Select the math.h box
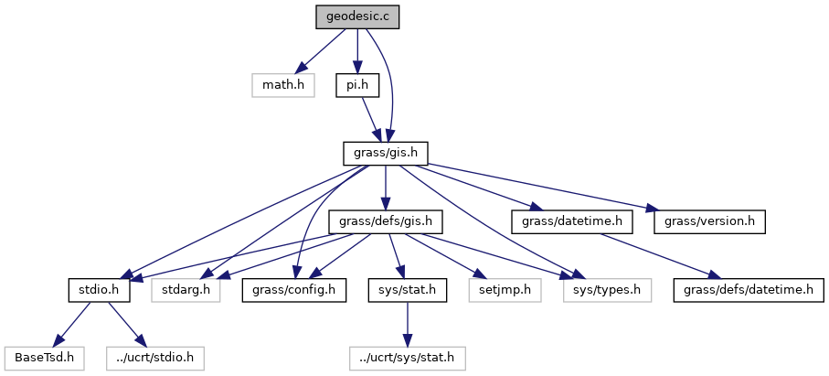point(283,86)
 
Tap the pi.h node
point(356,86)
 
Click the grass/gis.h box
point(386,153)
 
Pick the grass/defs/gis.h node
point(386,221)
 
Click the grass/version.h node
point(708,221)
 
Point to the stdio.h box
point(95,290)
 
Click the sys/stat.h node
point(407,290)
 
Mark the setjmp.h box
point(505,290)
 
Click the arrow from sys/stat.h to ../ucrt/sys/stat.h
point(407,324)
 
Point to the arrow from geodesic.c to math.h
point(320,51)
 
